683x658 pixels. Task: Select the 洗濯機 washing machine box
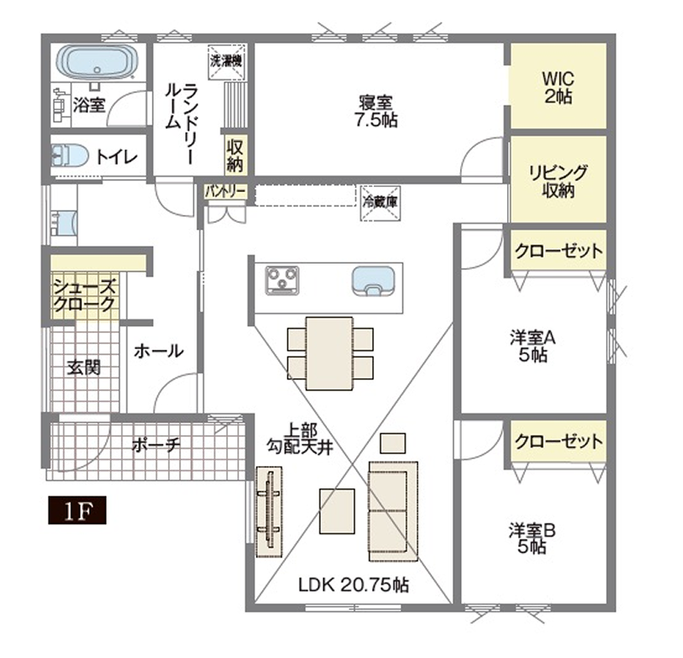(226, 62)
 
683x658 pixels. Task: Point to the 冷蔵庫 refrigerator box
(380, 202)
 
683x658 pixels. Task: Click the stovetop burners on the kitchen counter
(283, 280)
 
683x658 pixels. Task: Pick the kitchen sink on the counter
(373, 281)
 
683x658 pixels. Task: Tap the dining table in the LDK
(330, 353)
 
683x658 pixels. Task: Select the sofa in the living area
(394, 511)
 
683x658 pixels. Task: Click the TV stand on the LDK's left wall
(269, 511)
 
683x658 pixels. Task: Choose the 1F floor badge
(77, 510)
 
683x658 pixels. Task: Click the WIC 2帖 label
(558, 88)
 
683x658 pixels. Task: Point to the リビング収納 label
(558, 181)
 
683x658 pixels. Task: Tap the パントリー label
(225, 192)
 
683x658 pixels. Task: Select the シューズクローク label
(85, 295)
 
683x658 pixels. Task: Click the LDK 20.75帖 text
(353, 585)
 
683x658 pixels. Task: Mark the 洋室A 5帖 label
(533, 347)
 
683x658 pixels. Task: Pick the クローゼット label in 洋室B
(558, 441)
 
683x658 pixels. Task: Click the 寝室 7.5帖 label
(376, 112)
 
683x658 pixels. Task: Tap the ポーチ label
(156, 445)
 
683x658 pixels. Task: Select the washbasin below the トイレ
(65, 224)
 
